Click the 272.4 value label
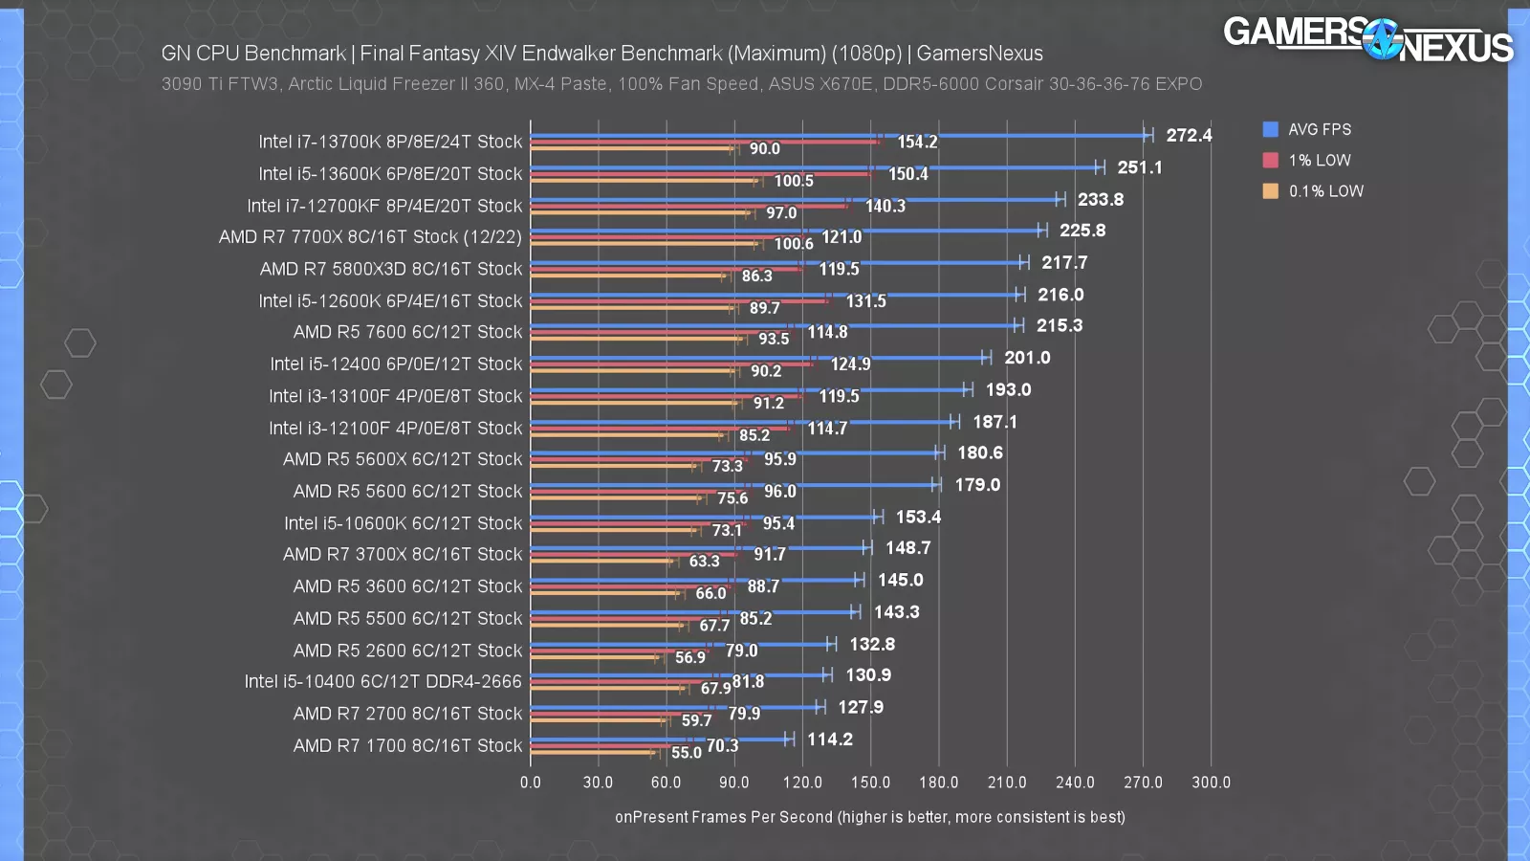1189,135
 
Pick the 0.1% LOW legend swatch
1270,190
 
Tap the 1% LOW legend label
1319,160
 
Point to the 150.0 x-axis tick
870,782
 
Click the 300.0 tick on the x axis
1211,782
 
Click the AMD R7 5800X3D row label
390,269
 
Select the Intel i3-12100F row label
395,428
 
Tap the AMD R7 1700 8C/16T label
407,745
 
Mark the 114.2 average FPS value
829,739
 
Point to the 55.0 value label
686,752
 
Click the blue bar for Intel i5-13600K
813,167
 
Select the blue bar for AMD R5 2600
679,644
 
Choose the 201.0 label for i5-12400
1027,357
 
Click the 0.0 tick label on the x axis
530,782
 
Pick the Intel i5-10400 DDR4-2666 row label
382,681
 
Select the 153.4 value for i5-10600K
918,517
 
